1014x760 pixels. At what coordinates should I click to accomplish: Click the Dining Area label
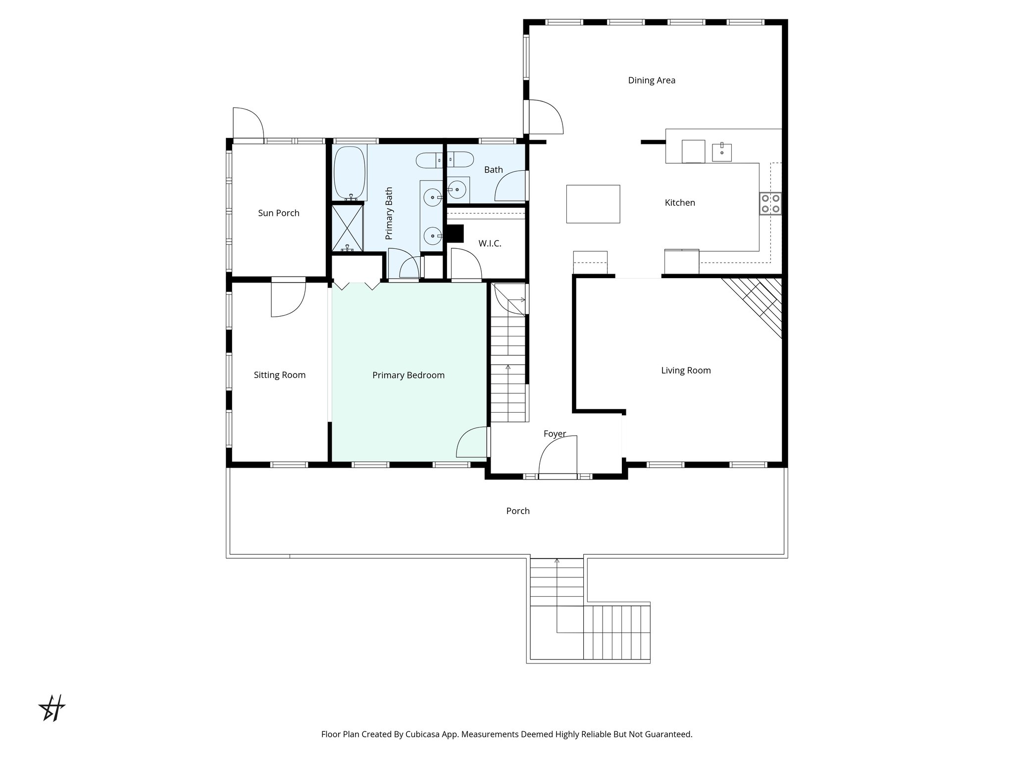click(x=651, y=80)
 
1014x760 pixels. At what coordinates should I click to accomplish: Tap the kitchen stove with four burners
click(x=770, y=203)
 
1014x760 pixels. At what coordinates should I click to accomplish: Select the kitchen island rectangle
click(x=593, y=204)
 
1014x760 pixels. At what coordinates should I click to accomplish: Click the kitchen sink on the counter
click(x=721, y=152)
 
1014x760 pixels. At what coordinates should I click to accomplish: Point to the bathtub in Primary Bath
click(x=350, y=172)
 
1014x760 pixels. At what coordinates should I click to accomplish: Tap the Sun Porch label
click(x=278, y=213)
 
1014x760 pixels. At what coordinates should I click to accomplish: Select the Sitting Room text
click(x=279, y=375)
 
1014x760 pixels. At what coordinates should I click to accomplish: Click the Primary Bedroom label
click(x=408, y=376)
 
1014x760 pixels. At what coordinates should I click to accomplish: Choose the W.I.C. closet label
click(x=489, y=243)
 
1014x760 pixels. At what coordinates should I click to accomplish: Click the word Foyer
click(x=554, y=434)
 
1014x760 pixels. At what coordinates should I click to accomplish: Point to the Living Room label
click(x=685, y=371)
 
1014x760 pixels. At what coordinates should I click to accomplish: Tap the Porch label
click(x=517, y=511)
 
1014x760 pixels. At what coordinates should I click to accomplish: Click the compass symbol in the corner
click(x=52, y=708)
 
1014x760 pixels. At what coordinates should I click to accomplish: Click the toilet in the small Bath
click(x=460, y=159)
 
